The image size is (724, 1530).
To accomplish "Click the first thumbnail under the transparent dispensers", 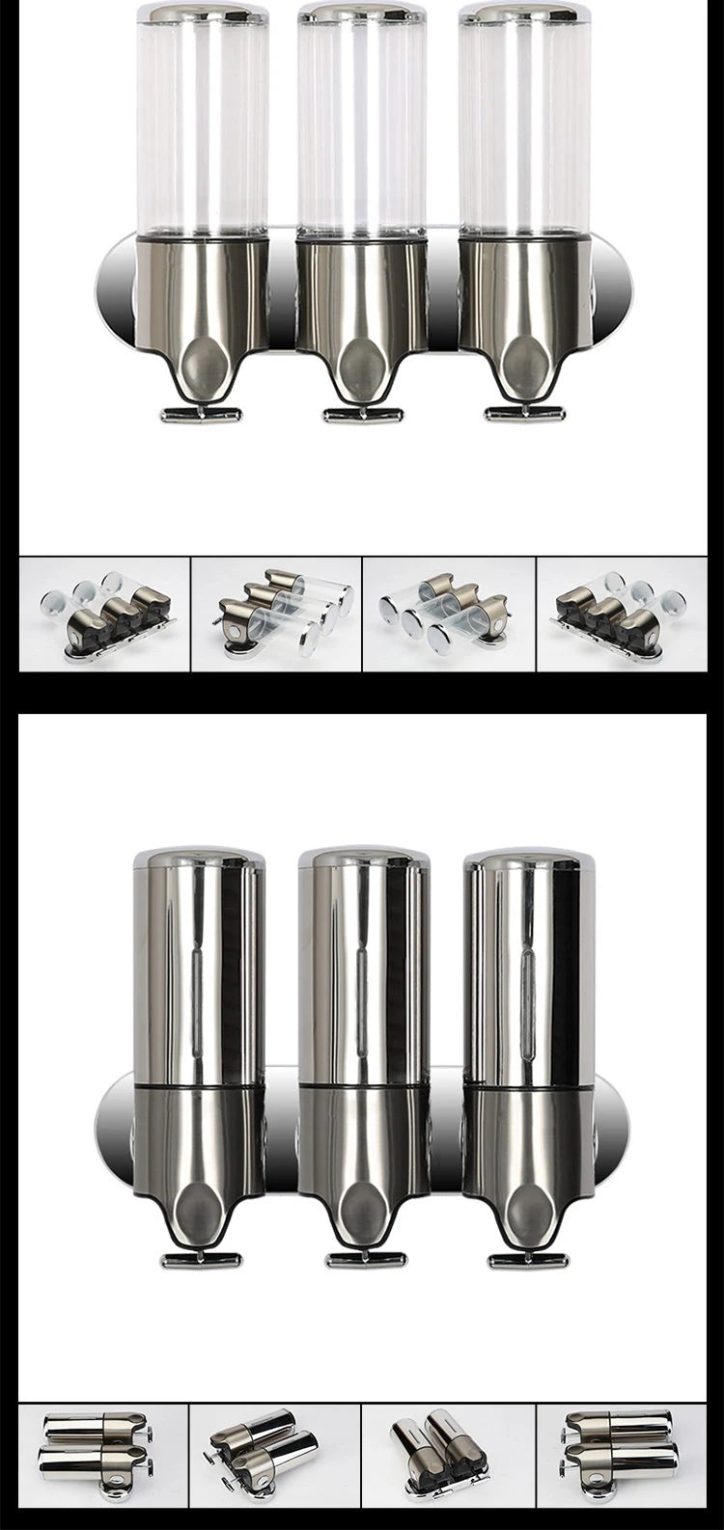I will click(x=104, y=614).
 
